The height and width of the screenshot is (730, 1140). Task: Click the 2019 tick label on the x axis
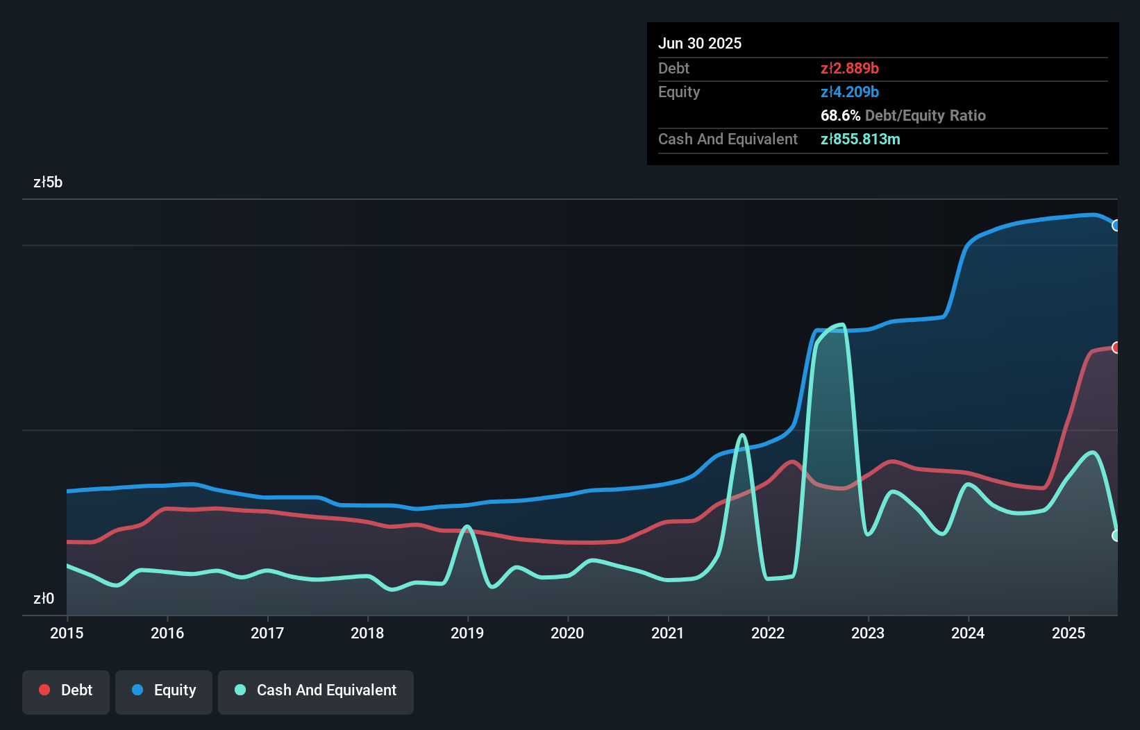tap(467, 633)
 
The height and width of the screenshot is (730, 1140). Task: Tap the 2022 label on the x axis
tap(768, 633)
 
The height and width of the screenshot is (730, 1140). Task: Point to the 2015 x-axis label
tap(67, 633)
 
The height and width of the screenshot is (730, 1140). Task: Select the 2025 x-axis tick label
tap(1068, 633)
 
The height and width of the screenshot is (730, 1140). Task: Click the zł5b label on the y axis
tap(48, 182)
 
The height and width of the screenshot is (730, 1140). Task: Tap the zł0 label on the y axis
tap(44, 598)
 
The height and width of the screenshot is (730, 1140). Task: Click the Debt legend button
tap(66, 690)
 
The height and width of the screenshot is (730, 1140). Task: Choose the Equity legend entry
tap(164, 690)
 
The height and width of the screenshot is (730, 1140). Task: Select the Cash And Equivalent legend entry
tap(316, 690)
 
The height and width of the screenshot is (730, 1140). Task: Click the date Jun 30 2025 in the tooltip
tap(700, 43)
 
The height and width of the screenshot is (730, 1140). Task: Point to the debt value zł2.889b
tap(850, 68)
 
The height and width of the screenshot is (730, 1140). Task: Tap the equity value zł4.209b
tap(850, 92)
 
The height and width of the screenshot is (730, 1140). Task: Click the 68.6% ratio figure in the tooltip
tap(840, 115)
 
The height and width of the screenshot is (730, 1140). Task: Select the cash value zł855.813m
tap(860, 139)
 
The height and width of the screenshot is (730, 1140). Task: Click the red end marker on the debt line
tap(1116, 348)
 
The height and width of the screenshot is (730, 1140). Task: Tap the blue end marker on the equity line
tap(1116, 226)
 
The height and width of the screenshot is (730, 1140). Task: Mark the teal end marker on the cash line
tap(1116, 536)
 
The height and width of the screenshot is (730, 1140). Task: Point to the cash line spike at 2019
tap(467, 527)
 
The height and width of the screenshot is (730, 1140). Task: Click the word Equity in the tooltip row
tap(679, 92)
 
